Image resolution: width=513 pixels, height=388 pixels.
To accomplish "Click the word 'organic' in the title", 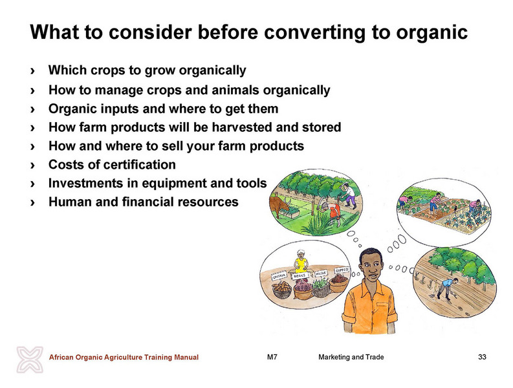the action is (x=432, y=33).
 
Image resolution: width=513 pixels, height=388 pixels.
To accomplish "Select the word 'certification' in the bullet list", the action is (x=137, y=164).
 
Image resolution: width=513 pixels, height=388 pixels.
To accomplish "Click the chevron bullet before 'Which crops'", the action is (x=32, y=70).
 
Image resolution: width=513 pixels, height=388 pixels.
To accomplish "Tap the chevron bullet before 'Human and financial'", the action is (x=32, y=202).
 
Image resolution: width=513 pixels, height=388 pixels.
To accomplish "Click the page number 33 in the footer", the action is (x=482, y=357).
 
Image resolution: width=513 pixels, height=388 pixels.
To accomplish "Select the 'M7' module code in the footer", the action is (x=272, y=357).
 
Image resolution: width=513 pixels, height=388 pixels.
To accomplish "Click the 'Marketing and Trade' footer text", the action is (x=351, y=357).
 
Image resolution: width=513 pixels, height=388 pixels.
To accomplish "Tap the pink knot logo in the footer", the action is (x=30, y=360).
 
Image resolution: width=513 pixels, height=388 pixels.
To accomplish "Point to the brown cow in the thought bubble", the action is (x=279, y=206).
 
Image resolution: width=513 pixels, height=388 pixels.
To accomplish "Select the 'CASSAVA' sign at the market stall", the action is (x=279, y=277).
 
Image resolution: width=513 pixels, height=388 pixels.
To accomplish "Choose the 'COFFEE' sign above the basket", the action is (x=342, y=270).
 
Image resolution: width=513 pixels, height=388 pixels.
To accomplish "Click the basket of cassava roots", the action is (x=281, y=290).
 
